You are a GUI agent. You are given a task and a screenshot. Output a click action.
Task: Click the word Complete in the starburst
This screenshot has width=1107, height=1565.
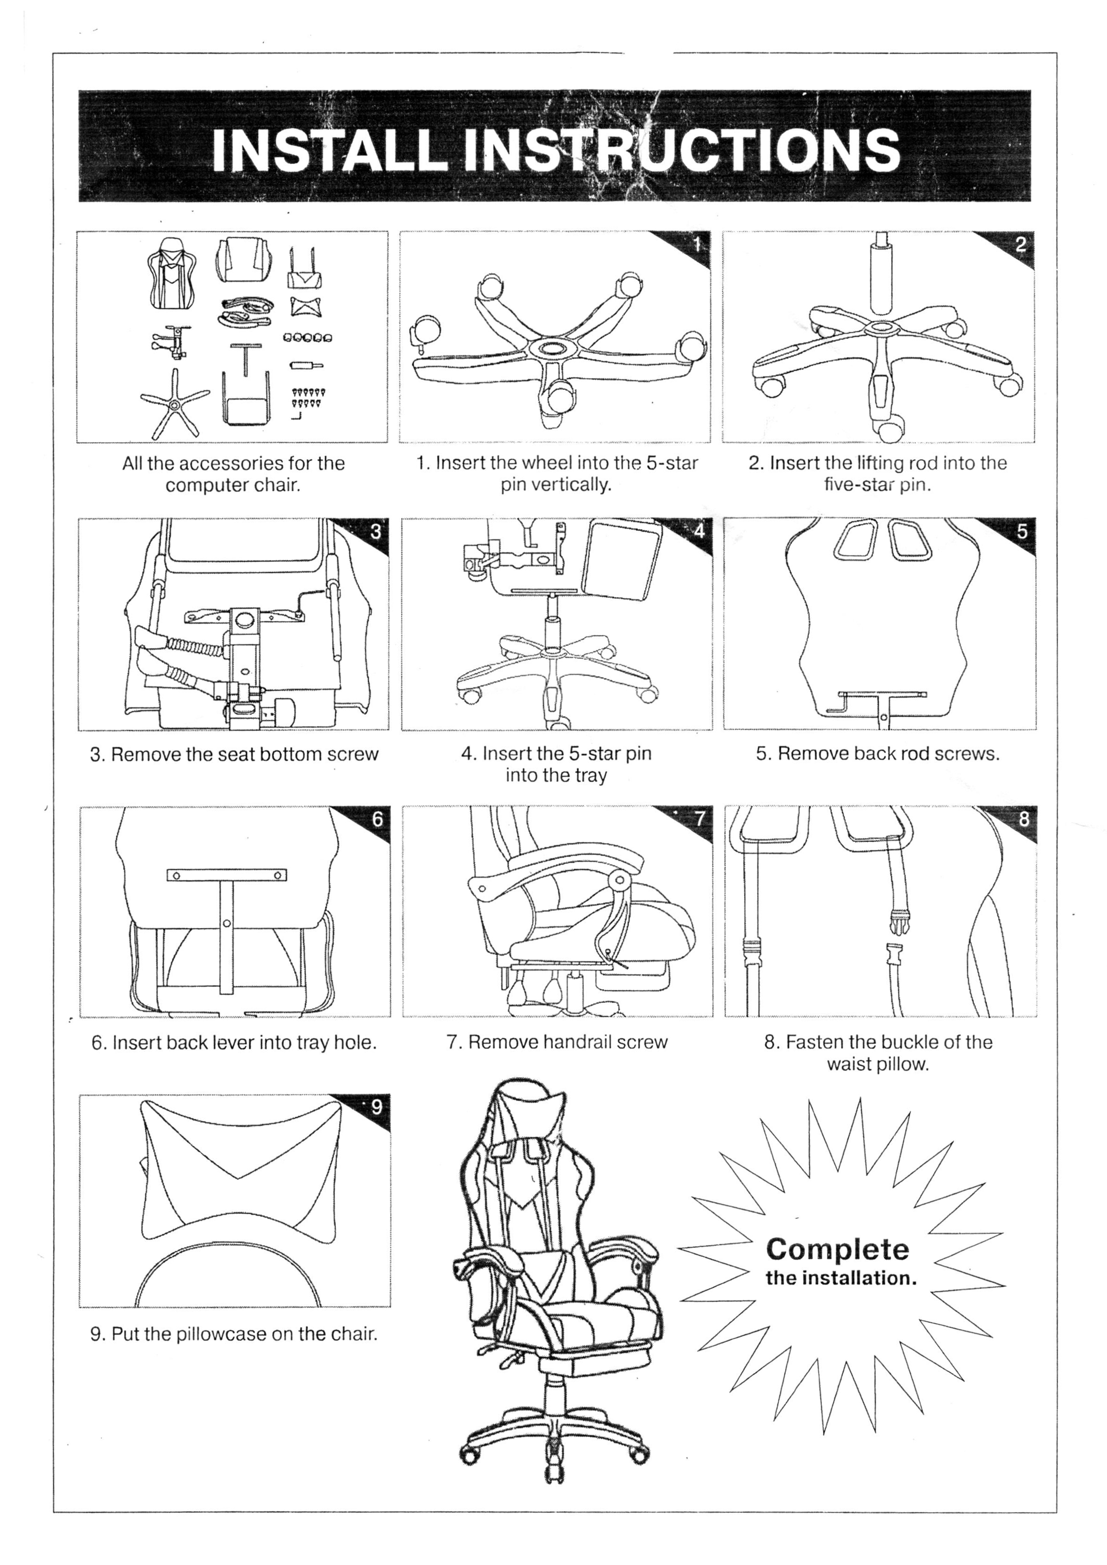coord(837,1249)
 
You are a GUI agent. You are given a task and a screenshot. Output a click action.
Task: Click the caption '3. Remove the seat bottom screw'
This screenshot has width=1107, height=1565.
coord(234,754)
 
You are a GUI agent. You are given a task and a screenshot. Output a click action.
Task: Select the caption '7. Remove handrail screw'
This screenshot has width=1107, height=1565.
coord(557,1042)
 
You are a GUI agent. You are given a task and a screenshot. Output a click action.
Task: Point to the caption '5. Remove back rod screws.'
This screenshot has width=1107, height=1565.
coord(878,754)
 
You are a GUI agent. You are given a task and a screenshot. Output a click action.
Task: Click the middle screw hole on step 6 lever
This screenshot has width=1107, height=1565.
coord(226,923)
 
